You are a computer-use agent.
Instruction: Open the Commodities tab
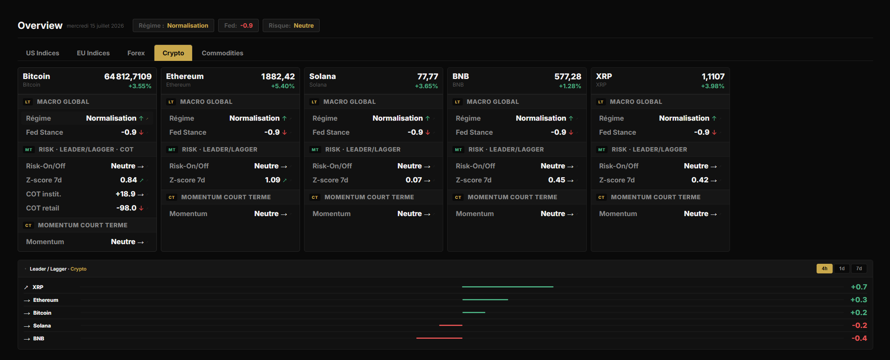[x=222, y=53]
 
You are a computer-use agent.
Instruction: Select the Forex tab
[x=136, y=53]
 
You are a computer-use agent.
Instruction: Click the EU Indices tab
[x=93, y=53]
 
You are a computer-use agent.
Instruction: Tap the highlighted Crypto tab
[x=173, y=53]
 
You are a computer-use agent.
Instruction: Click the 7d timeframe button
[x=859, y=269]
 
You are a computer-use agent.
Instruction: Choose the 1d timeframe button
[x=841, y=269]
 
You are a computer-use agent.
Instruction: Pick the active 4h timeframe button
[x=824, y=269]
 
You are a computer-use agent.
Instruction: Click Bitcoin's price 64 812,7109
[x=128, y=77]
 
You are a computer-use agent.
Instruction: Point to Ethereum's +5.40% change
[x=283, y=86]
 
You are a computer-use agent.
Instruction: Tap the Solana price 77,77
[x=428, y=77]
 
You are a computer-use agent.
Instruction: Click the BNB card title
[x=460, y=76]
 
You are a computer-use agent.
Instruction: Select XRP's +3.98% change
[x=713, y=86]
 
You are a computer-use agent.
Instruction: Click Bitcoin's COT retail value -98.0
[x=126, y=208]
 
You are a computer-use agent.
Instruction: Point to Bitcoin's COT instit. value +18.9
[x=126, y=194]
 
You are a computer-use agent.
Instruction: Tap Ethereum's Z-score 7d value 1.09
[x=273, y=180]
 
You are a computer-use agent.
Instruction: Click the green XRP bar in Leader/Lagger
[x=508, y=287]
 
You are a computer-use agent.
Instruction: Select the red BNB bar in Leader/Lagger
[x=439, y=338]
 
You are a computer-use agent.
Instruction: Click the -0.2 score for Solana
[x=860, y=326]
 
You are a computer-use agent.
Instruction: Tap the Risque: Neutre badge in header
[x=291, y=26]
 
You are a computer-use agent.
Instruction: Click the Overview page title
[x=40, y=26]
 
